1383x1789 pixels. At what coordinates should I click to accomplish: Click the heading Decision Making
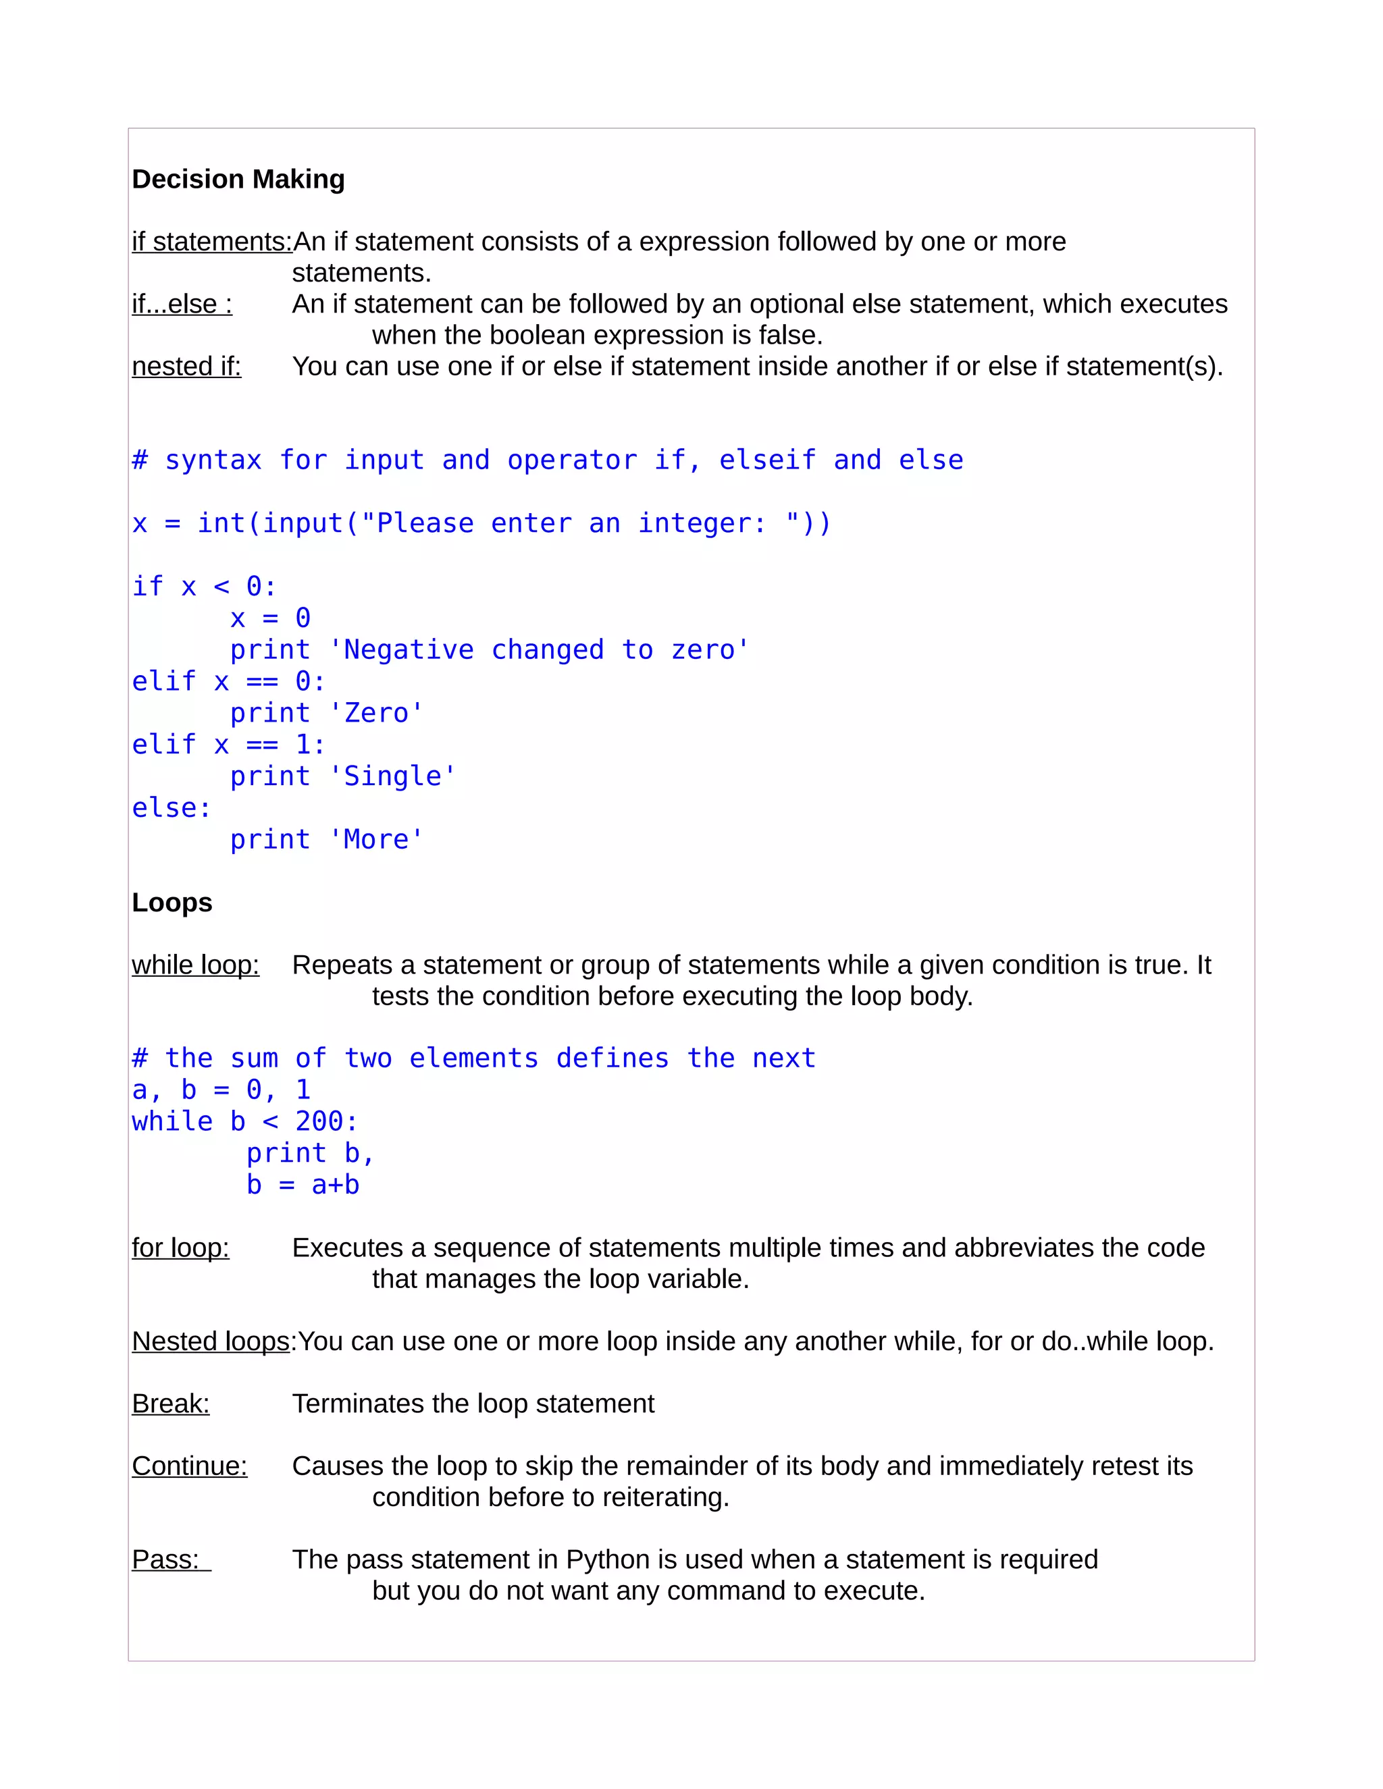238,180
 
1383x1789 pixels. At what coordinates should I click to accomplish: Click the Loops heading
172,903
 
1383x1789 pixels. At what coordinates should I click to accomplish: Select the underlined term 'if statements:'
211,242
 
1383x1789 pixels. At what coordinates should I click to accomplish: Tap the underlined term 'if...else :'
182,304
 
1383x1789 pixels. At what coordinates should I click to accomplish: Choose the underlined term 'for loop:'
180,1248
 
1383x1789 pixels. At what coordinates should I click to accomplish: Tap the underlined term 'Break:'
170,1404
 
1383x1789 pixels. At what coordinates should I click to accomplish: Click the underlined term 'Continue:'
189,1466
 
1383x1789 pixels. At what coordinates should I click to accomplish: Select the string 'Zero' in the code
376,714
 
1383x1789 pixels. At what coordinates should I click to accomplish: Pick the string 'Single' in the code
392,776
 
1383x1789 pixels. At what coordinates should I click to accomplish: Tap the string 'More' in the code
376,840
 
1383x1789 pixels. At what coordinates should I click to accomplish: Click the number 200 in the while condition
319,1121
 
